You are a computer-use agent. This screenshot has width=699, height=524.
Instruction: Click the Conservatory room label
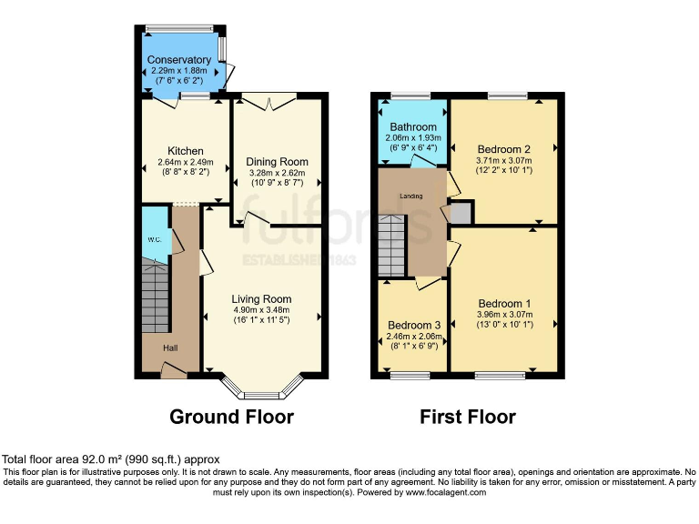(180, 60)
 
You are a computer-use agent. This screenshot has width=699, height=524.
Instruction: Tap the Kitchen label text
(185, 151)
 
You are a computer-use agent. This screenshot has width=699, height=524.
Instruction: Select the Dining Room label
(278, 162)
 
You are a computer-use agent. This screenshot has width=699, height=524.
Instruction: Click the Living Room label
(261, 299)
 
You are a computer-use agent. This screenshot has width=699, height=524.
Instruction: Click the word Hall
(170, 348)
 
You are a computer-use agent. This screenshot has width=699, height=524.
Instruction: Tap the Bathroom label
(413, 126)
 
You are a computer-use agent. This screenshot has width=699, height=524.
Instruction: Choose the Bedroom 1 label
(503, 304)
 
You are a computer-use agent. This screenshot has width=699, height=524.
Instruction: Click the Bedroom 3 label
(413, 325)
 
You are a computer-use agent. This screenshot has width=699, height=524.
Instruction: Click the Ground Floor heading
(232, 418)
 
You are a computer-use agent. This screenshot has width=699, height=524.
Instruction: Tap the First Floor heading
(467, 418)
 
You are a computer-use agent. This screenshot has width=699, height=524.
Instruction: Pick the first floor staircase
(392, 246)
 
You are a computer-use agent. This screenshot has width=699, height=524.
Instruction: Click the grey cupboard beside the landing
(461, 214)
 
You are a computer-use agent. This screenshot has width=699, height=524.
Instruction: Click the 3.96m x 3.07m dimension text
(503, 315)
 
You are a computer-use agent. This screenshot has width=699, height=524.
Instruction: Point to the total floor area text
(110, 459)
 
